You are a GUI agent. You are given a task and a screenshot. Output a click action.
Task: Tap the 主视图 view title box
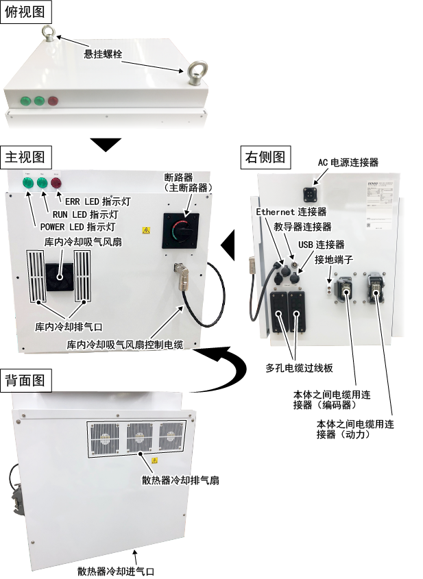tap(26, 156)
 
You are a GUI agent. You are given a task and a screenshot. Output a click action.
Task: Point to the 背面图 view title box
tap(26, 380)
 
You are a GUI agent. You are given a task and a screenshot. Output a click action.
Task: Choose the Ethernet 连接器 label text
tap(291, 212)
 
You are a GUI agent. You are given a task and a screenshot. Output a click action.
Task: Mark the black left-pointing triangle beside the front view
tap(228, 242)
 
